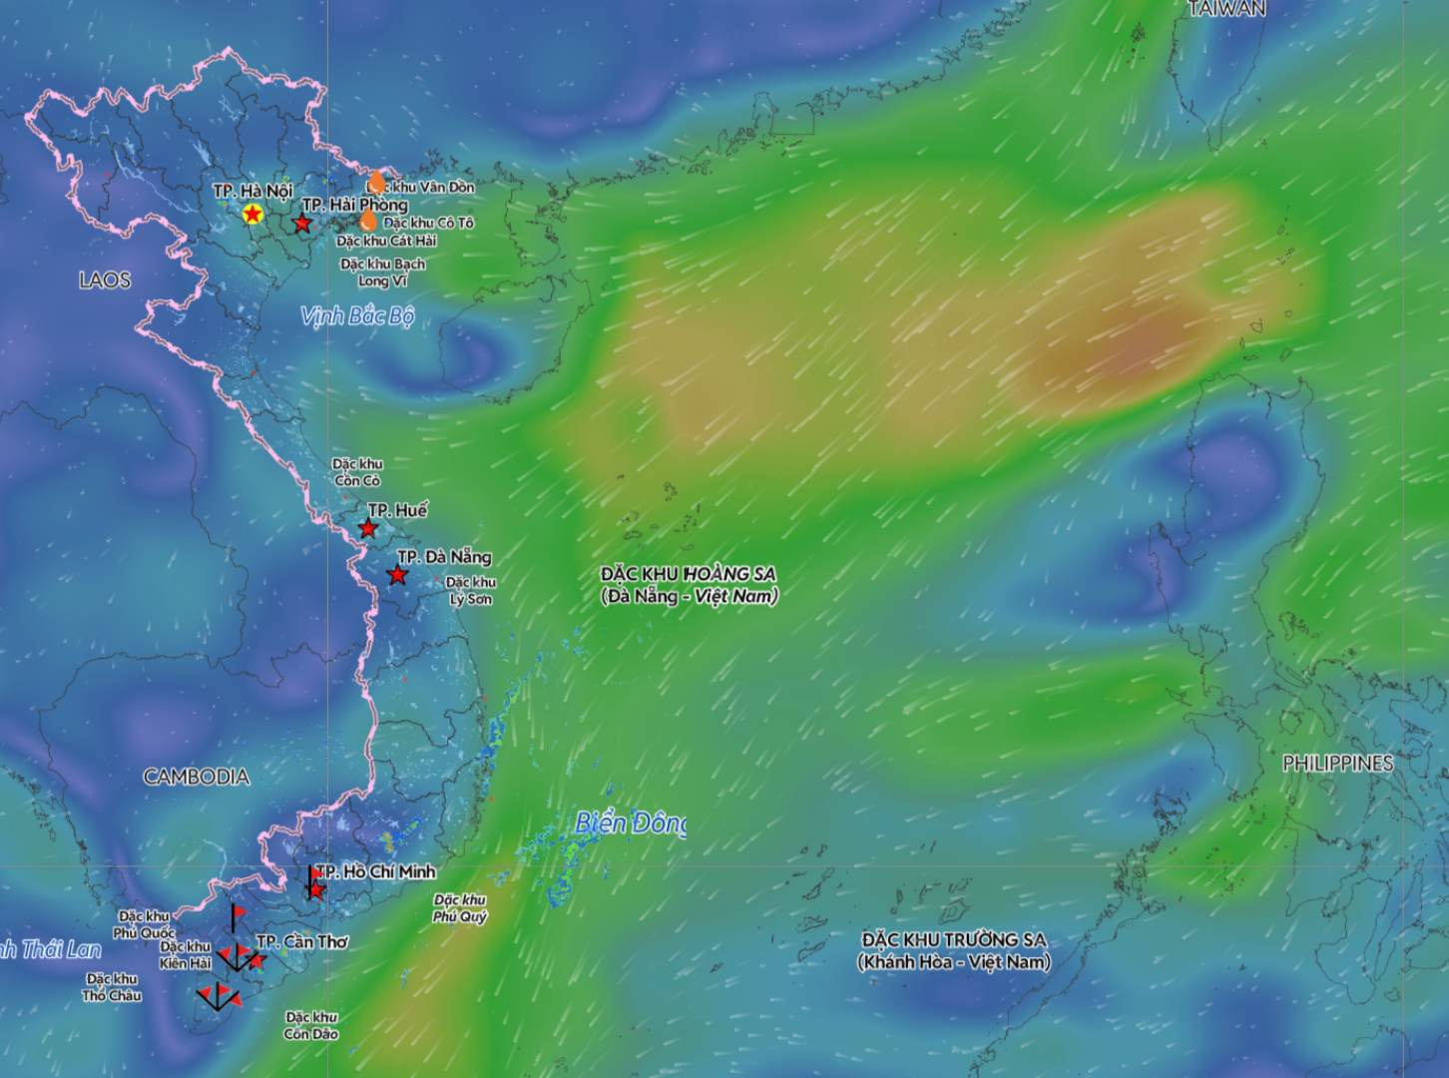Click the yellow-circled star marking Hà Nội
click(252, 214)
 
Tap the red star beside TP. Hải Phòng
click(301, 224)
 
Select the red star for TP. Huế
click(368, 528)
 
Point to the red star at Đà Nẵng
click(398, 575)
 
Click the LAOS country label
click(105, 279)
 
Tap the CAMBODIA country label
click(197, 777)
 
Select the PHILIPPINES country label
click(1337, 763)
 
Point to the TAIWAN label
click(1226, 9)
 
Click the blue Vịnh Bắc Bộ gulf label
click(357, 316)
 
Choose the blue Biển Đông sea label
click(631, 823)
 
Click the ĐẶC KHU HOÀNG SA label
click(689, 585)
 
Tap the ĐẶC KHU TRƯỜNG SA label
click(954, 950)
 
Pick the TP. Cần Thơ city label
click(302, 941)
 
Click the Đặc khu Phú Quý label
click(460, 907)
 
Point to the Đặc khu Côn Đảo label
click(310, 1025)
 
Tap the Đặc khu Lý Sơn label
click(471, 590)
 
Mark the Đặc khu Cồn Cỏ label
click(357, 472)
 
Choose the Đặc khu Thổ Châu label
click(112, 987)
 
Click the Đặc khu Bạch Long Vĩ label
click(382, 272)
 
